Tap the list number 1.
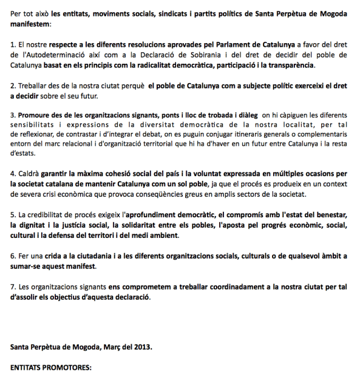tap(13, 45)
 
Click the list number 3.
tap(13, 114)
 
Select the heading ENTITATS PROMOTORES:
tap(50, 368)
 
